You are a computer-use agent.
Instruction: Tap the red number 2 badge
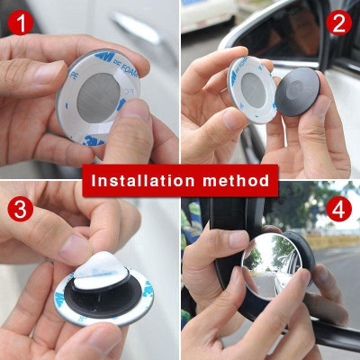338,22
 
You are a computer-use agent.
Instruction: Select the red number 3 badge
21,210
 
